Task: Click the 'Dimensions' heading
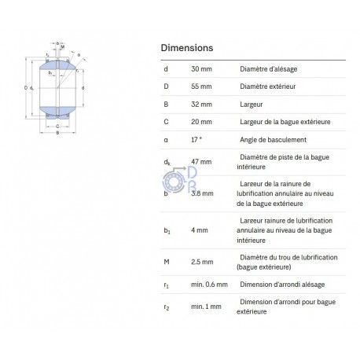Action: click(187, 48)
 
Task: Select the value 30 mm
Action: click(201, 69)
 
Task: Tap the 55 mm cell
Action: click(201, 86)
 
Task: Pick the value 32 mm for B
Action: click(201, 105)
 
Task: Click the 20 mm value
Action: click(201, 122)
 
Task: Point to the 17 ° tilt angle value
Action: click(197, 140)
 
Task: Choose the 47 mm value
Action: click(201, 162)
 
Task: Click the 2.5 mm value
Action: click(202, 262)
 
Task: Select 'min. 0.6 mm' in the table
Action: click(209, 285)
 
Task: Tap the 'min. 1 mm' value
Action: click(206, 307)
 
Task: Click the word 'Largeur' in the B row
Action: click(252, 105)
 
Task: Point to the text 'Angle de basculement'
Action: click(273, 140)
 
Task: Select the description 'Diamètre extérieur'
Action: click(268, 86)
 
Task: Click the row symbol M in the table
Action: click(167, 262)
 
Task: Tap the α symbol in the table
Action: click(166, 140)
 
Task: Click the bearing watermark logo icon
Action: click(179, 180)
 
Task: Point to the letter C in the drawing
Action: click(57, 127)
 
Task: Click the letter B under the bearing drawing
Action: click(57, 133)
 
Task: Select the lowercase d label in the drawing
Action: click(83, 88)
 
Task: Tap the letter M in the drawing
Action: click(63, 47)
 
